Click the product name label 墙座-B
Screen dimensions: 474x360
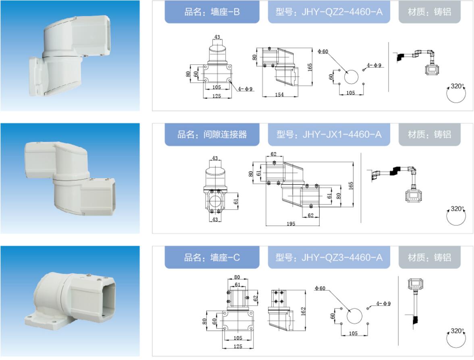click(212, 12)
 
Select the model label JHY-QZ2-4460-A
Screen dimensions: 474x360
click(329, 12)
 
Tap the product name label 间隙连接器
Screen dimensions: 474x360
click(212, 134)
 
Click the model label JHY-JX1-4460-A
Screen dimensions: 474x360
click(329, 134)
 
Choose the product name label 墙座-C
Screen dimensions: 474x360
click(212, 257)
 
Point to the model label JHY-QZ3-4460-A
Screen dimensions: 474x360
click(329, 257)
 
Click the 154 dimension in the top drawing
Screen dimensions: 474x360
click(279, 95)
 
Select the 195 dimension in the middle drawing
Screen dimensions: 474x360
click(291, 224)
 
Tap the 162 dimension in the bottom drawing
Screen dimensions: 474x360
click(303, 312)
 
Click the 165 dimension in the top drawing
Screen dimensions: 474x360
click(310, 67)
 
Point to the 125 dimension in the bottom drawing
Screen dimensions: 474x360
click(238, 346)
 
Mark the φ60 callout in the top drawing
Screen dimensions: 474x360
click(323, 51)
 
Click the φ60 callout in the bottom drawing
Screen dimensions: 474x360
click(320, 288)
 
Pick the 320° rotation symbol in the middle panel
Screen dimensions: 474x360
click(456, 216)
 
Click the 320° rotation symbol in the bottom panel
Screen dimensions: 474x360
click(456, 338)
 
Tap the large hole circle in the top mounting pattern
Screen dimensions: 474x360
click(351, 77)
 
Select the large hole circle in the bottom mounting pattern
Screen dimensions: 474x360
click(354, 316)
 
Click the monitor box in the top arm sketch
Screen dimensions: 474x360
click(432, 70)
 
